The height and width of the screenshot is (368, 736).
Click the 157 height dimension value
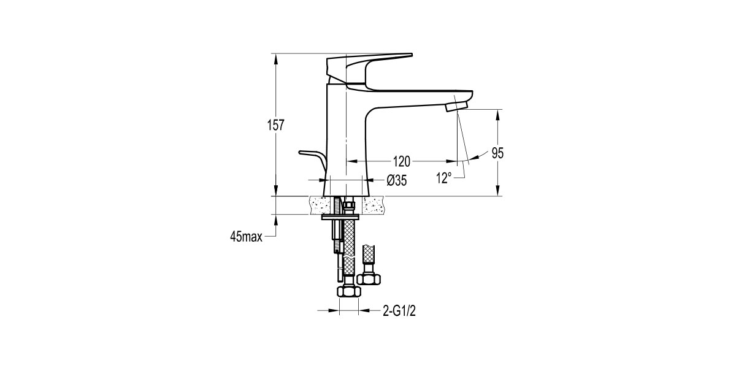[277, 126]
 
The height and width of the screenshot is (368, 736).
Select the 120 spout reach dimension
[401, 161]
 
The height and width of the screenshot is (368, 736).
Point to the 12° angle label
[443, 178]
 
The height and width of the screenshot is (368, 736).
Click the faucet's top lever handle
[368, 64]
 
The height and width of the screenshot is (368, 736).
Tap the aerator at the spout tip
[456, 107]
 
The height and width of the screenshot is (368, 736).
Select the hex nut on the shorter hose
[369, 278]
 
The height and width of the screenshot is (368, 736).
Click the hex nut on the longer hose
[347, 292]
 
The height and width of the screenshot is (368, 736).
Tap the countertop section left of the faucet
[320, 205]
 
